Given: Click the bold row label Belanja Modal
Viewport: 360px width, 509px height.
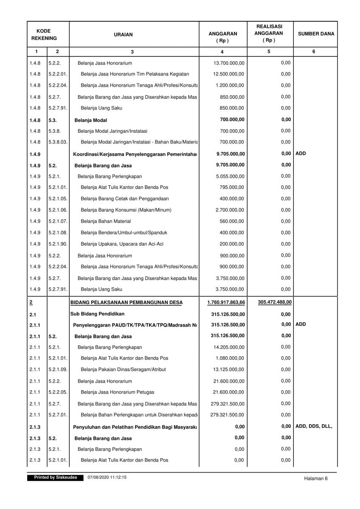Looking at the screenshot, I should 91,120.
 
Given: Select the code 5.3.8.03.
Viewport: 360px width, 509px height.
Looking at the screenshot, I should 58,142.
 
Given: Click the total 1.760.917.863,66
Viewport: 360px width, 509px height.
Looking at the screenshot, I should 226,302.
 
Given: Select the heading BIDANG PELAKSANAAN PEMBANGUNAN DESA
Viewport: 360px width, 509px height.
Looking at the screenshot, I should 126,302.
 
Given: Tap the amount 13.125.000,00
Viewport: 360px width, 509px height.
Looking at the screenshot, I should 229,369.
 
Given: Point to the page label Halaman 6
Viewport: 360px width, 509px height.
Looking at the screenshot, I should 316,478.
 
